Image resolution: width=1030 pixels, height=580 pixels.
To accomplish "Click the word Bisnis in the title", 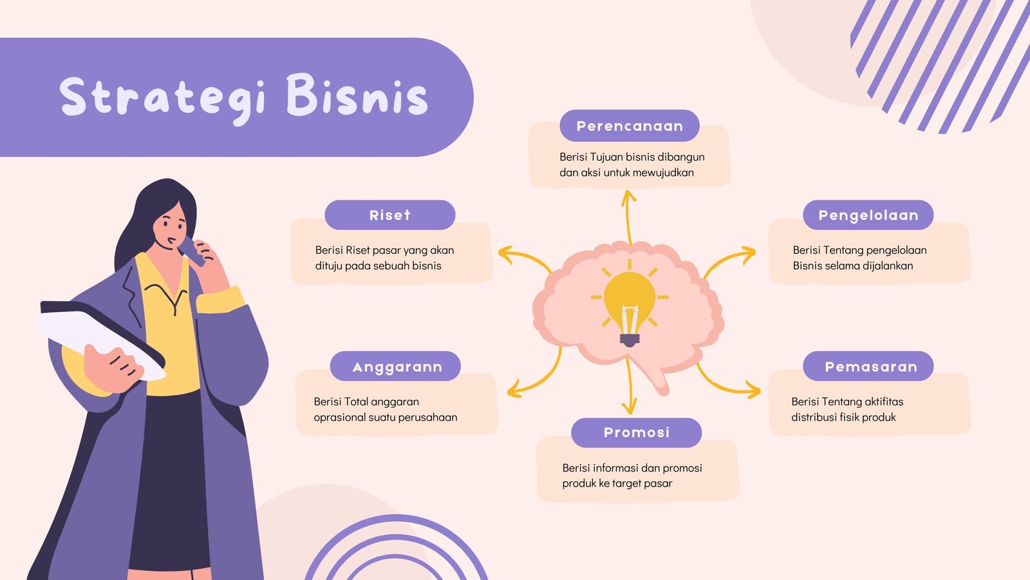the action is pos(357,94).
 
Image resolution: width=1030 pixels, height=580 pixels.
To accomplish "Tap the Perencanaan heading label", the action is pos(630,126).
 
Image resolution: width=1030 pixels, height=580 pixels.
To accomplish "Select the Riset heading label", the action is pos(390,215).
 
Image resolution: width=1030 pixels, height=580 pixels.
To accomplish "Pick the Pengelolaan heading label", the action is pos(868,215).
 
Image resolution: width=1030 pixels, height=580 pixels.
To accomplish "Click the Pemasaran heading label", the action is pos(868,367).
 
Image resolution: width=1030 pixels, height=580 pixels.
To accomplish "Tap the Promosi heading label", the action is pos(637,432).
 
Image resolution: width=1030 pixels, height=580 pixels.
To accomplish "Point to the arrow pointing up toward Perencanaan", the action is pos(628,217).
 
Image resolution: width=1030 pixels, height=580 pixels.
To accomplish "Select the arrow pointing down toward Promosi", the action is pos(628,386).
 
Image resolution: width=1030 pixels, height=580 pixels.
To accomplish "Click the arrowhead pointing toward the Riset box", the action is pos(506,255).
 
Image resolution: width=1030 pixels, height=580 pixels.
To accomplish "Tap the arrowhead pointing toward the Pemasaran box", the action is pos(753,389).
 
